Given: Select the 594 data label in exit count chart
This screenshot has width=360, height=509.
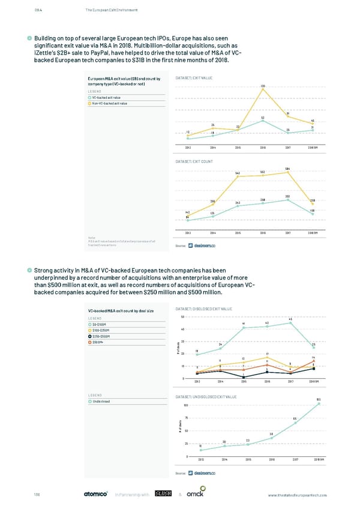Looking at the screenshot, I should pyautogui.click(x=288, y=168).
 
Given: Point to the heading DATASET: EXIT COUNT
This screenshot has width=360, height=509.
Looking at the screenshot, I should pyautogui.click(x=195, y=161).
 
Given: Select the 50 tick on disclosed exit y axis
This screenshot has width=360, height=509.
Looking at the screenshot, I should pyautogui.click(x=182, y=316).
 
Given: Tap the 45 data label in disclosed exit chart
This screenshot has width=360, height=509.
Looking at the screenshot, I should pyautogui.click(x=290, y=319).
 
